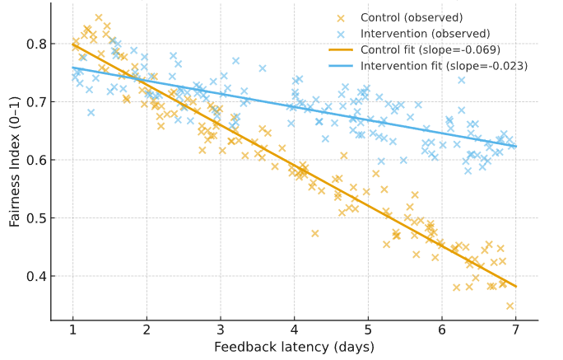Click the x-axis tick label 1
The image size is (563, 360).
[72, 331]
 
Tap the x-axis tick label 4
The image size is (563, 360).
[294, 331]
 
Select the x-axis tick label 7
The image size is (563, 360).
[516, 331]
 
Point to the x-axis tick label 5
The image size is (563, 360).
[368, 331]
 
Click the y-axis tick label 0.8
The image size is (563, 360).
[35, 44]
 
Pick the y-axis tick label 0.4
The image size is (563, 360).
[35, 276]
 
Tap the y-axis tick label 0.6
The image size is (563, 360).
[35, 160]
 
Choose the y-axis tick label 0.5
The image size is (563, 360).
[35, 218]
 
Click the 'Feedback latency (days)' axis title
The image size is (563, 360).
[294, 347]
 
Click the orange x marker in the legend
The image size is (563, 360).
[341, 17]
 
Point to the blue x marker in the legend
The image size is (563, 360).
[341, 34]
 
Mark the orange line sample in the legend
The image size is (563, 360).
[341, 49]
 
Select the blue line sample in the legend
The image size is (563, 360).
[341, 66]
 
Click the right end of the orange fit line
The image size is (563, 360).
[516, 287]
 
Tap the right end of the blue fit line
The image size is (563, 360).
[516, 147]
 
